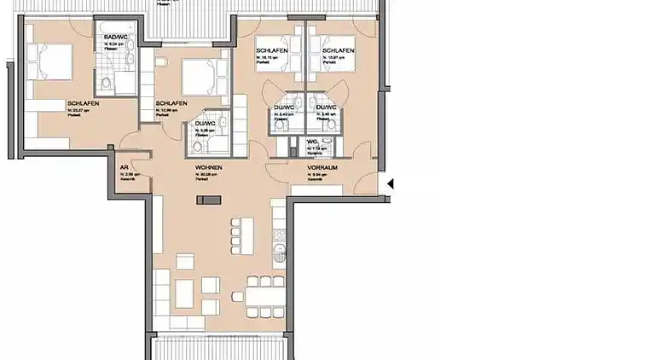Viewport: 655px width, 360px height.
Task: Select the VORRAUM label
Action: [x=322, y=168]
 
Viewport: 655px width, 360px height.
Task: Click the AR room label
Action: [x=125, y=168]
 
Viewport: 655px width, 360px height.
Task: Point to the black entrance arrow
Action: [x=391, y=183]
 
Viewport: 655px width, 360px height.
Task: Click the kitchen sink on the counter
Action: [x=278, y=251]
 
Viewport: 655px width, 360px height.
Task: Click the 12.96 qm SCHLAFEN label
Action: [x=171, y=103]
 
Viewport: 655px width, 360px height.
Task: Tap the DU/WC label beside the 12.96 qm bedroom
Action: [x=204, y=124]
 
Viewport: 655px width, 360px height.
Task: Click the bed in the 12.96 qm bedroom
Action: [x=198, y=77]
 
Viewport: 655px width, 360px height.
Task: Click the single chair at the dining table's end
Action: [x=238, y=297]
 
